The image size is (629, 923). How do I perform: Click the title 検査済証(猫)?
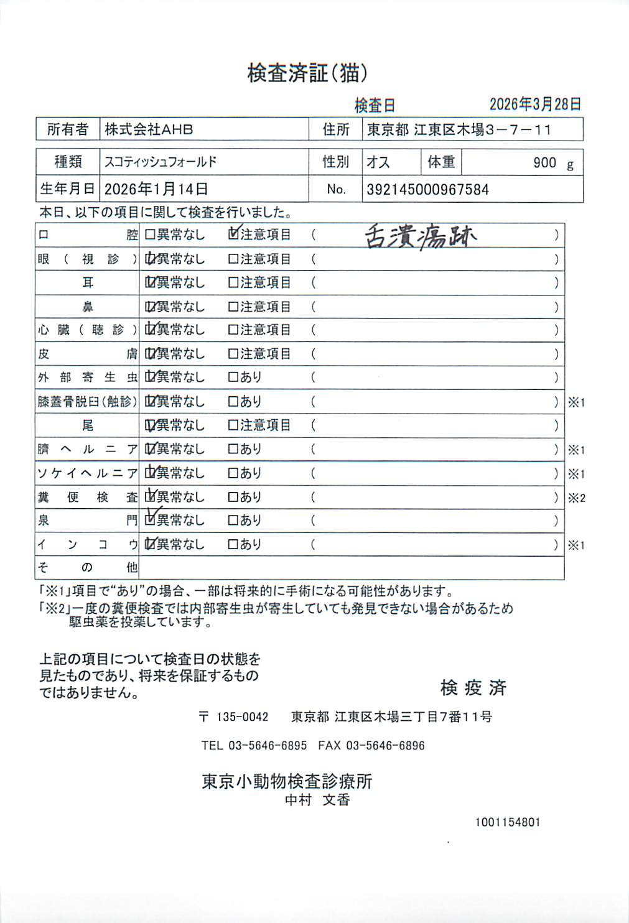pos(307,73)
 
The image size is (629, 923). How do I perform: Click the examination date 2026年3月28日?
pos(535,104)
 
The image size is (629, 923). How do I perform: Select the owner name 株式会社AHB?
pos(149,129)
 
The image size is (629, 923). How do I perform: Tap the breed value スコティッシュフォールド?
pos(161,162)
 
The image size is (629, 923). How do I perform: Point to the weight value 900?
pos(544,163)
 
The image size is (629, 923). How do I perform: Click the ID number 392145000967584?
pos(427,190)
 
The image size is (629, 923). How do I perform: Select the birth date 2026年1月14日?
pos(156,189)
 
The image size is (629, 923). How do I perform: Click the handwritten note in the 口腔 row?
pos(421,236)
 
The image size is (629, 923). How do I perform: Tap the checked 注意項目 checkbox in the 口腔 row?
pos(233,234)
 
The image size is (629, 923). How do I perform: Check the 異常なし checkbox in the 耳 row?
pos(150,283)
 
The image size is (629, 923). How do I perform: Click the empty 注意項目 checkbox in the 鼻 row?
pos(233,307)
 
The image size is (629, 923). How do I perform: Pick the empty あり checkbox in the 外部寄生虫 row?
pos(233,377)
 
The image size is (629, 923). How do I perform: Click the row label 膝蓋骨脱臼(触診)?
pos(87,402)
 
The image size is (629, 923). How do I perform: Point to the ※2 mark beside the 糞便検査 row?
pos(576,498)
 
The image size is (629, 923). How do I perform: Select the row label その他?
pos(87,567)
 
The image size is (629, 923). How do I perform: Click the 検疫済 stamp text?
pos(473,687)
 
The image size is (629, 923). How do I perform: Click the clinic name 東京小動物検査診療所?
pos(287,781)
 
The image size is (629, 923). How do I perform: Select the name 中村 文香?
pos(317,800)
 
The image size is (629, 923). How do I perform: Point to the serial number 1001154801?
pos(508,822)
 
